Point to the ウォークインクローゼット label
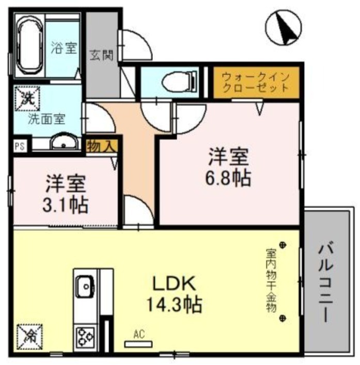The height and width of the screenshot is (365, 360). pos(255,82)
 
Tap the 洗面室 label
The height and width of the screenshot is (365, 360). pos(46,118)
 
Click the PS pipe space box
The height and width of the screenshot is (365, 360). pos(19,146)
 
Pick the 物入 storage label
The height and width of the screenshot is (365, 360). pos(101,145)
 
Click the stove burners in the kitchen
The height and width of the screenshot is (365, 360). pos(85,338)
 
